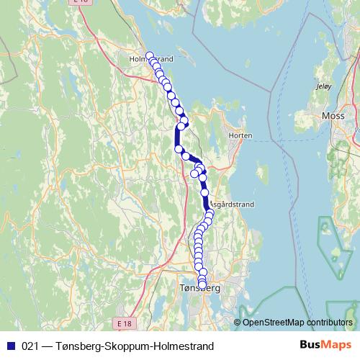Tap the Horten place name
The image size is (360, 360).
pos(239,135)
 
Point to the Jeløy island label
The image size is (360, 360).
pos(323,86)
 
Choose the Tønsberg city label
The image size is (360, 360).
pos(197,289)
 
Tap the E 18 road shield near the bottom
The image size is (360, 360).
pos(125,325)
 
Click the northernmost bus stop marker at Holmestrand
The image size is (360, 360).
pos(150,56)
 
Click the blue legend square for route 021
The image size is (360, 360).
pos(10,346)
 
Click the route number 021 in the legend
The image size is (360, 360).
pos(30,346)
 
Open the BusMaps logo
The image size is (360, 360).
pos(326,345)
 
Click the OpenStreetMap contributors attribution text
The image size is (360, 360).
pos(298,323)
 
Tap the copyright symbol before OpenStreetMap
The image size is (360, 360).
pos(238,323)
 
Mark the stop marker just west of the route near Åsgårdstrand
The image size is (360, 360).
pos(194,173)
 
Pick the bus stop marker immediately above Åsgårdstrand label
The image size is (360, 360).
pos(204,193)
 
